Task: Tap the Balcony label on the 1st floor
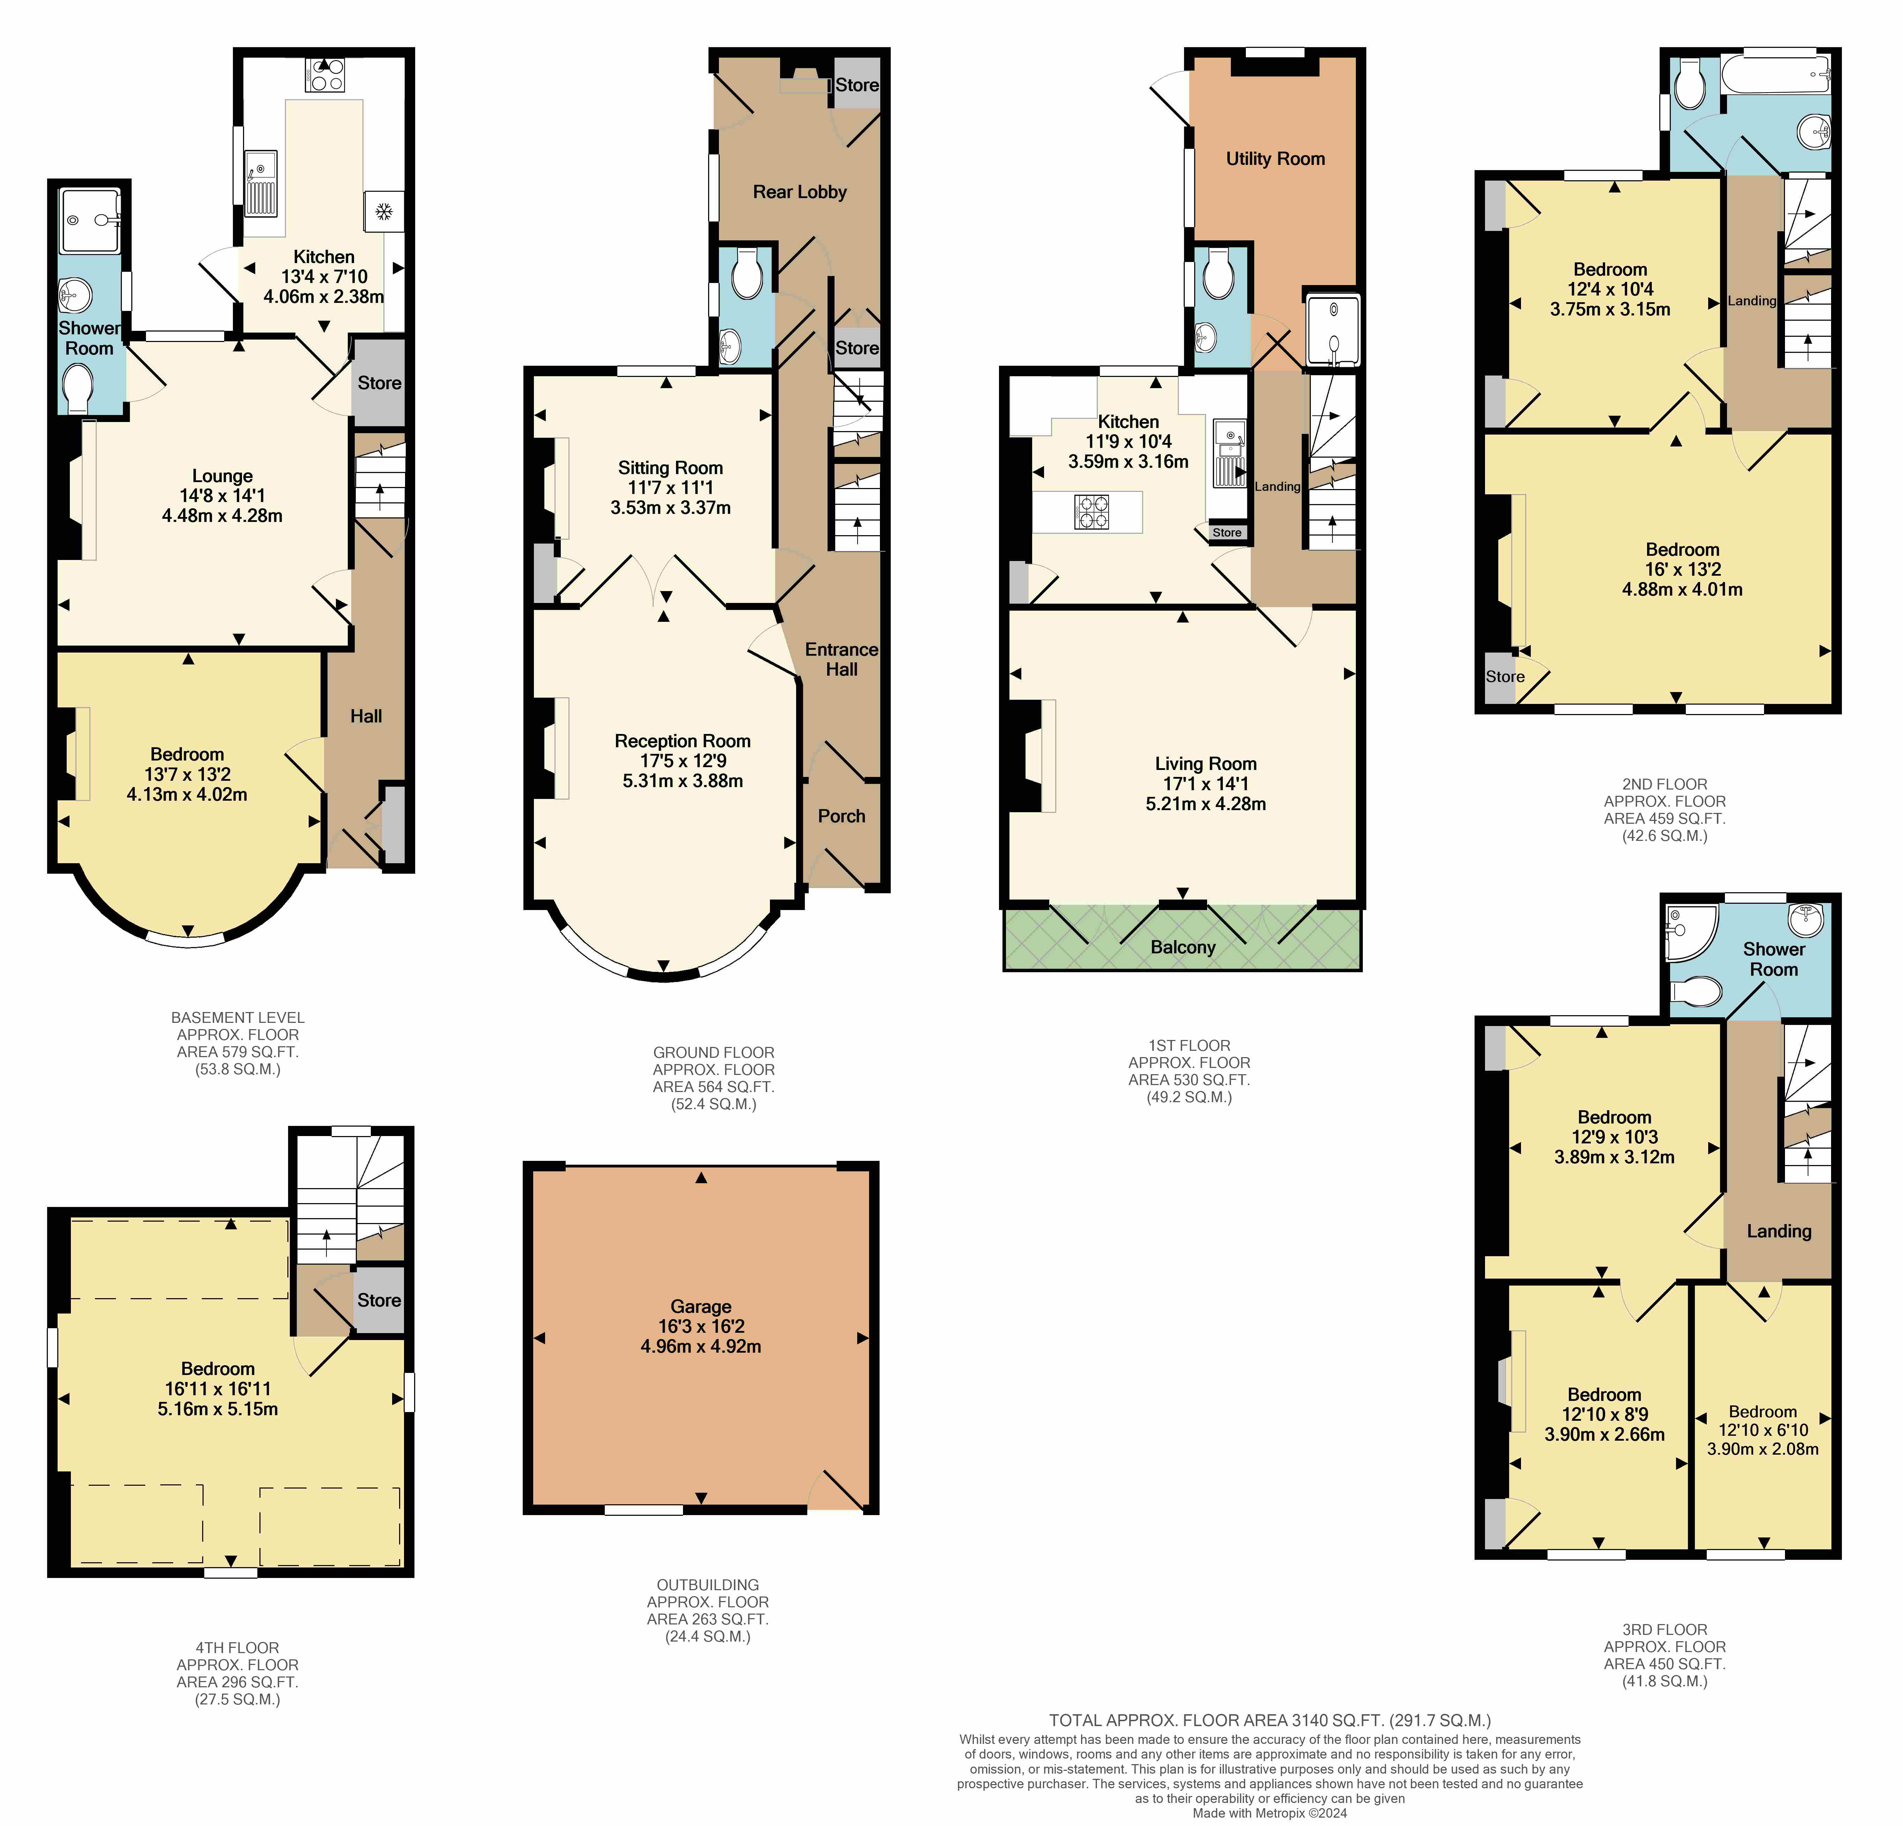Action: point(1183,947)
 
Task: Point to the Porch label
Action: point(841,816)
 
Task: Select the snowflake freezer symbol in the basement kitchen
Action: point(383,211)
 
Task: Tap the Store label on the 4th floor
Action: point(379,1300)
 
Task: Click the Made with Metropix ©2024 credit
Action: point(1270,1812)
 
